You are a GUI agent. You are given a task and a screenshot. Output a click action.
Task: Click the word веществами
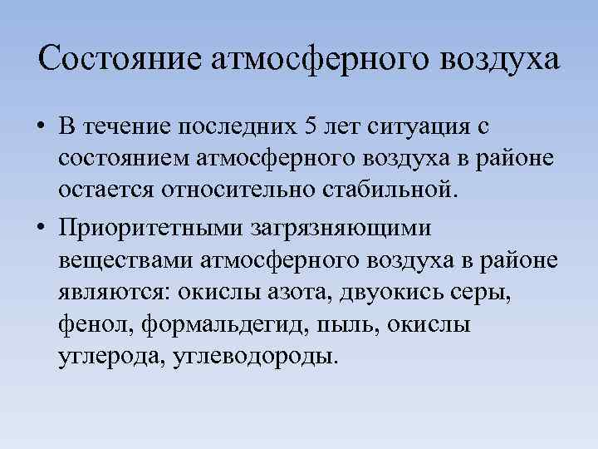pyautogui.click(x=125, y=259)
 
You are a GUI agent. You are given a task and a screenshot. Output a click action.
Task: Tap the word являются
pyautogui.click(x=110, y=292)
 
